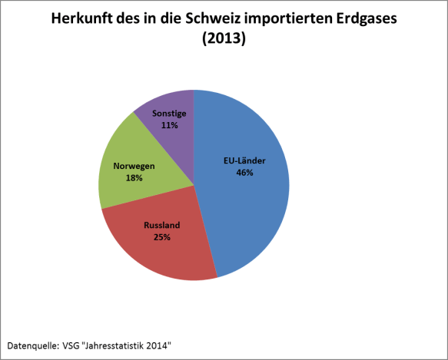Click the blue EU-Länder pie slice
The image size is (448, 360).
(254, 207)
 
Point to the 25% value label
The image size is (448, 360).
(161, 237)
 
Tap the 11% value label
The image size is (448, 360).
(168, 124)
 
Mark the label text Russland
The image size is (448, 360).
(161, 226)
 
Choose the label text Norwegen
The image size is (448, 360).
(134, 166)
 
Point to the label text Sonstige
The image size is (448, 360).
(168, 113)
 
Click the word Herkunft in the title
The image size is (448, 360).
(82, 18)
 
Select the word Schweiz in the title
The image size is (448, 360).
(212, 18)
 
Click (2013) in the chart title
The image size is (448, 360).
(224, 39)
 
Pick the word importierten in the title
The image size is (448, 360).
(285, 18)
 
